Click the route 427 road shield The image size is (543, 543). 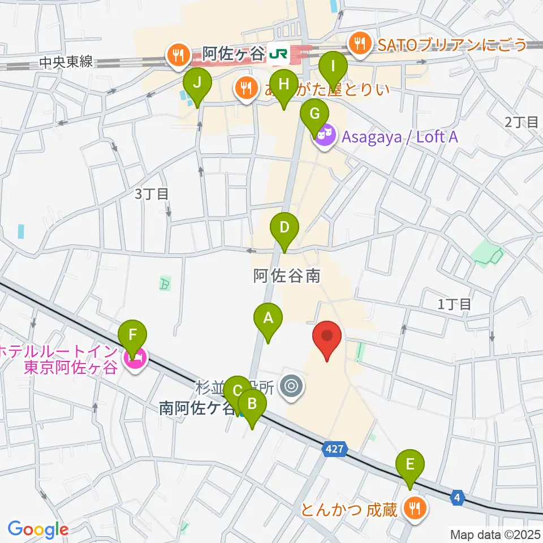pos(333,450)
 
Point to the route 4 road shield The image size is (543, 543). pos(458,498)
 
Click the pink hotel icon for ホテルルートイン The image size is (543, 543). pos(136,357)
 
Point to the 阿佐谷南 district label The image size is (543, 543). pos(286,275)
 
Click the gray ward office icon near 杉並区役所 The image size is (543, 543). pos(292,387)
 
